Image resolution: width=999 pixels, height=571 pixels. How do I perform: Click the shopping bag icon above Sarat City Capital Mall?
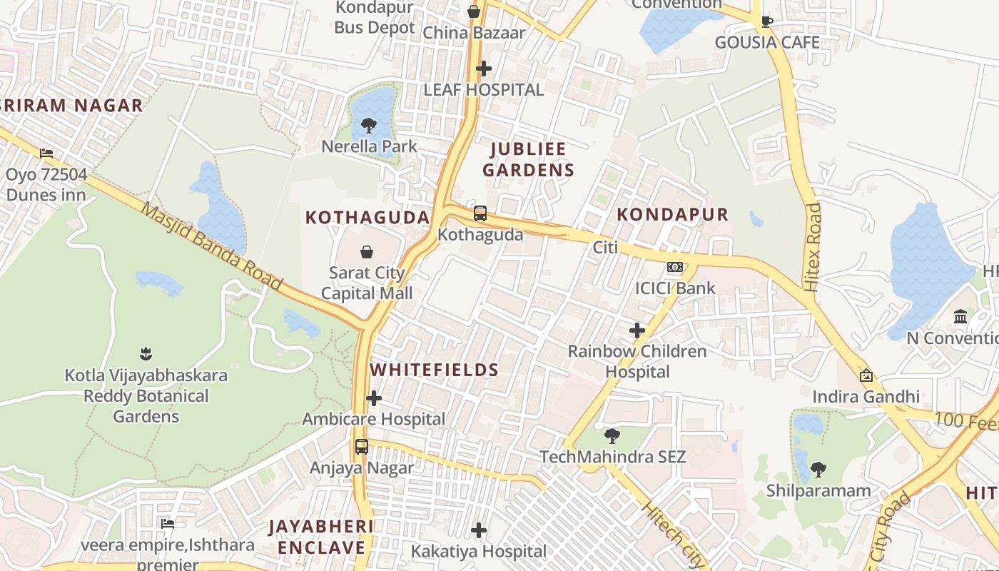[x=367, y=251]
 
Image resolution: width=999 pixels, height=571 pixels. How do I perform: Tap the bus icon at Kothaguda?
[x=480, y=213]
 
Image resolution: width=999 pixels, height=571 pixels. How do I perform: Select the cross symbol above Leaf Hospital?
[x=484, y=69]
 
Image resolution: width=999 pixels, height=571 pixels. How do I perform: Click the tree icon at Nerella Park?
[x=369, y=126]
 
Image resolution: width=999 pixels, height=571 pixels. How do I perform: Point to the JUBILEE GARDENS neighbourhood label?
[x=528, y=159]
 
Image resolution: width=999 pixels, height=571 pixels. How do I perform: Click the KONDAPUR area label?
[x=672, y=214]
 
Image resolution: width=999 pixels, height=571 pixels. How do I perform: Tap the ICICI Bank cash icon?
[x=674, y=268]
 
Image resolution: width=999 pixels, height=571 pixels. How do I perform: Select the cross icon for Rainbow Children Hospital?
[x=637, y=330]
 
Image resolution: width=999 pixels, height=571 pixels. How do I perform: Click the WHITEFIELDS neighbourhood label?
[x=434, y=370]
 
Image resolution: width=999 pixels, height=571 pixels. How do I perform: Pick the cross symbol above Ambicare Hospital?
[x=374, y=398]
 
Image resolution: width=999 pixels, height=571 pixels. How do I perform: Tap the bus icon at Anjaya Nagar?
[x=362, y=447]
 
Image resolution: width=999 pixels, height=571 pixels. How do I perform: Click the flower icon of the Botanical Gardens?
[x=146, y=353]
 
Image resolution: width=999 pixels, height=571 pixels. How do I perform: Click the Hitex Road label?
[x=813, y=247]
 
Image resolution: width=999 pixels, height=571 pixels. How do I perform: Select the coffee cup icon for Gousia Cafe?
[x=767, y=21]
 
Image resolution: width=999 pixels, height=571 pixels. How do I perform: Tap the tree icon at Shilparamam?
[x=818, y=470]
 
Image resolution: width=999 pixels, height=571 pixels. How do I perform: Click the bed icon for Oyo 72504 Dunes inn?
[x=46, y=153]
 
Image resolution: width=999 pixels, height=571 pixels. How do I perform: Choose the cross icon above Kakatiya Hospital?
[x=479, y=530]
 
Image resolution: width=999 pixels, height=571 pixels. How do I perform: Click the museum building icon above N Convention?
[x=960, y=316]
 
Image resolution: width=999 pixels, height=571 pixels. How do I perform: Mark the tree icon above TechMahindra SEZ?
[x=612, y=435]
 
